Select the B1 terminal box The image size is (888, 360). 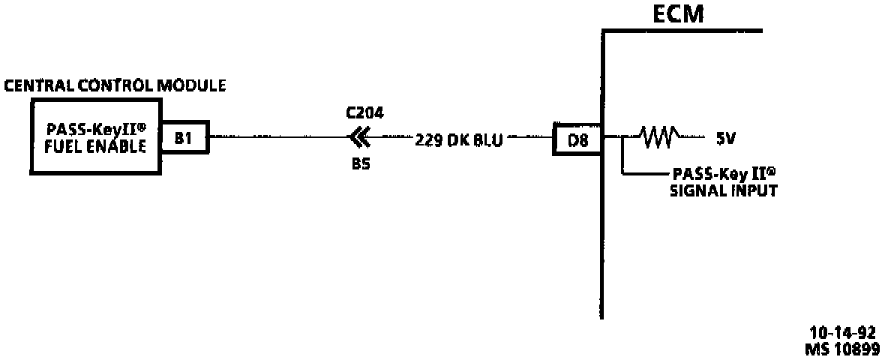point(184,137)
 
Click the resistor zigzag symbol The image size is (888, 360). point(658,137)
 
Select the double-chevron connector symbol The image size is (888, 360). point(360,137)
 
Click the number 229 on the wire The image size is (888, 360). point(428,139)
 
